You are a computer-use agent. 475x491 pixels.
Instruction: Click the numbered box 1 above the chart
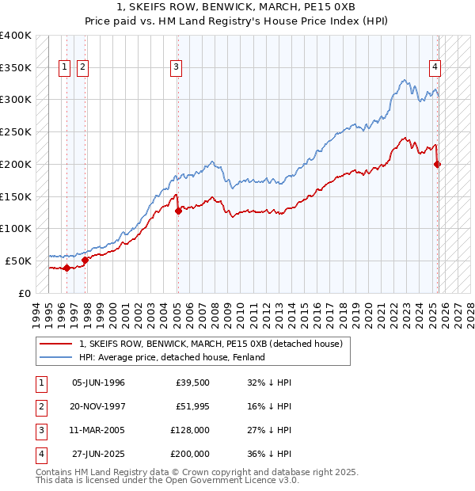[63, 67]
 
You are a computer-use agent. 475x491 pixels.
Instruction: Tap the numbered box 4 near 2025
[435, 67]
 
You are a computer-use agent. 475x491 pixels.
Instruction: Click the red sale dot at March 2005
[178, 211]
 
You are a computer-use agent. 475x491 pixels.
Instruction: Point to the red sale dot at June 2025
[438, 165]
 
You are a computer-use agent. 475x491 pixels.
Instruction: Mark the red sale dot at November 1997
[85, 260]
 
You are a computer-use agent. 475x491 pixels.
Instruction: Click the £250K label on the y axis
[16, 132]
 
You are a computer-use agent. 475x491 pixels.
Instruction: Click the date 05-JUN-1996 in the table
[98, 383]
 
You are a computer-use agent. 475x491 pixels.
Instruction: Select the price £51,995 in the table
[192, 406]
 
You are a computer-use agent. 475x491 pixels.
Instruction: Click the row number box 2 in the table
[40, 406]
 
